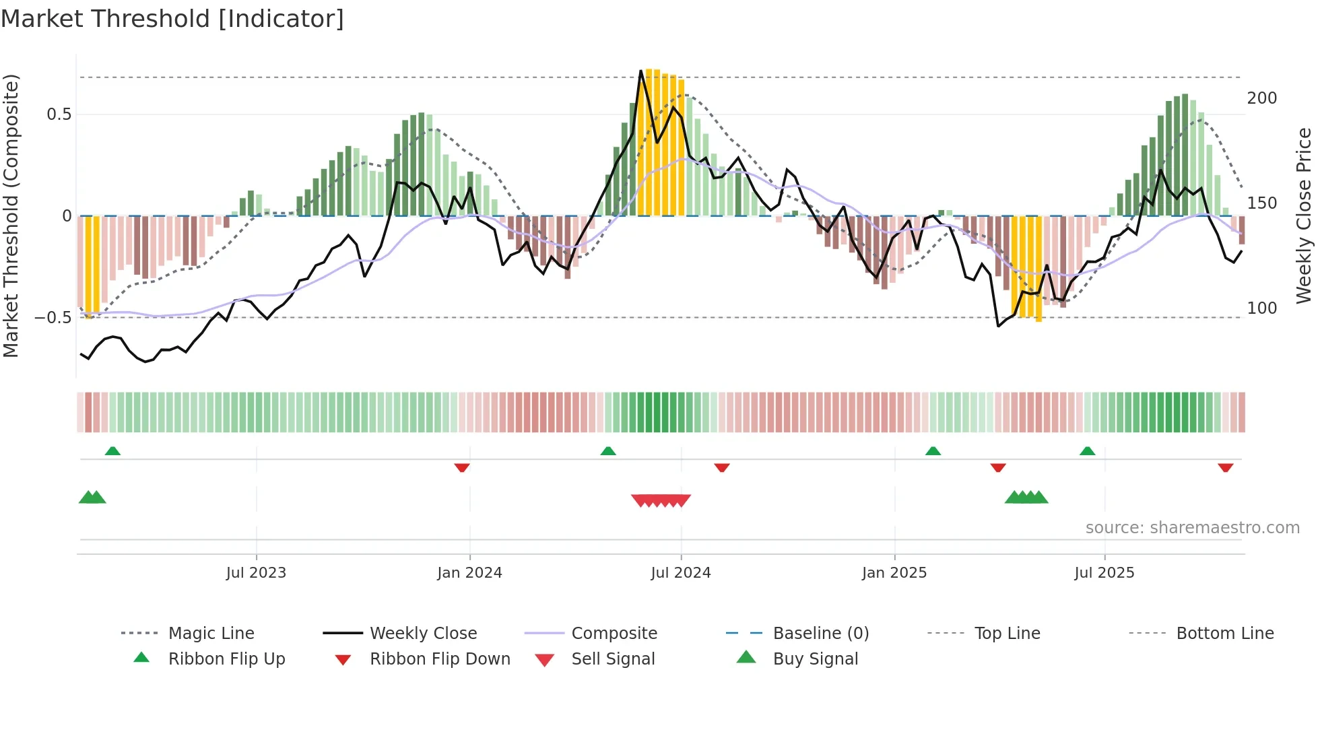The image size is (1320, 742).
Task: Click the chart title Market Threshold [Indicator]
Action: (172, 19)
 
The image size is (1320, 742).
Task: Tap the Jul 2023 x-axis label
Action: (256, 573)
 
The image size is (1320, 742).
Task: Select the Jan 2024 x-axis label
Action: (469, 573)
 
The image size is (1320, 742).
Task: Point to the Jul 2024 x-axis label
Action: (681, 573)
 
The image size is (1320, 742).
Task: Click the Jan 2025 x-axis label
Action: (894, 573)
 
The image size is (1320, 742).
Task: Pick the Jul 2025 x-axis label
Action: (1104, 573)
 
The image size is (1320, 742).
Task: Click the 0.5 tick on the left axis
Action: (59, 114)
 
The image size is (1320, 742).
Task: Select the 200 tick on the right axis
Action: (1262, 98)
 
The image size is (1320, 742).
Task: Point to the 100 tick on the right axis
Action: (1262, 308)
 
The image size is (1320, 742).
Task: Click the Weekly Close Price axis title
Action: (1305, 215)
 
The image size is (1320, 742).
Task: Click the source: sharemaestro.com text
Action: (1192, 528)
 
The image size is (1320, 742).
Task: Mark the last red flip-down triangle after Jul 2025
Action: (1226, 468)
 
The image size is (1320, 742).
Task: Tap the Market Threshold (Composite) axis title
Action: (11, 215)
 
